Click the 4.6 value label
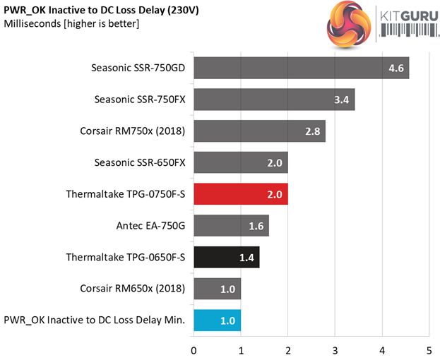396,68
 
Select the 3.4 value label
342,100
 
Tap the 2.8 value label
314,131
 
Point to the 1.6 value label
256,226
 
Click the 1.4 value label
247,257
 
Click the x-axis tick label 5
429,348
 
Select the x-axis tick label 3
335,348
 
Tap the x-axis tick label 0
194,348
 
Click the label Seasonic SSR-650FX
140,162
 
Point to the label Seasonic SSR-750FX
140,100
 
